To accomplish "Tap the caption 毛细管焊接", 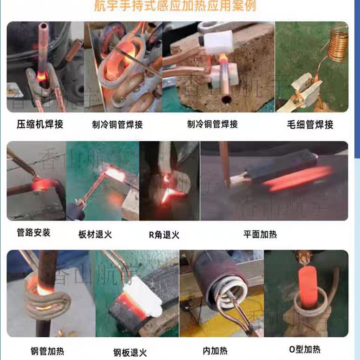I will pyautogui.click(x=310, y=124).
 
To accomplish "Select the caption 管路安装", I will pyautogui.click(x=33, y=232).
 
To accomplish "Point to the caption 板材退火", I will pyautogui.click(x=96, y=234).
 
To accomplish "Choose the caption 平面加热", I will pyautogui.click(x=260, y=235).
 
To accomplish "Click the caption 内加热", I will pyautogui.click(x=215, y=351).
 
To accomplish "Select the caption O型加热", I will pyautogui.click(x=305, y=350).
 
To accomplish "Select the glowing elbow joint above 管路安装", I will pyautogui.click(x=42, y=185).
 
